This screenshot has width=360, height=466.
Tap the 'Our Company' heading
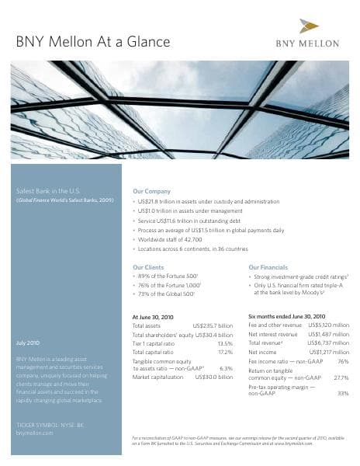pyautogui.click(x=152, y=191)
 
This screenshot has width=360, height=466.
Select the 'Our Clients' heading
pyautogui.click(x=148, y=267)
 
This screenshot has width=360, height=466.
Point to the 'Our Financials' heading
pyautogui.click(x=268, y=267)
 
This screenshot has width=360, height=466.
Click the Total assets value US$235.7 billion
pyautogui.click(x=212, y=325)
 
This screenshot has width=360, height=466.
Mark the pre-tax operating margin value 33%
pyautogui.click(x=343, y=393)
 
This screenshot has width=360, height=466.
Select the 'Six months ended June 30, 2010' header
pyautogui.click(x=286, y=316)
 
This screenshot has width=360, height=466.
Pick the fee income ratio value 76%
pyautogui.click(x=343, y=362)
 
